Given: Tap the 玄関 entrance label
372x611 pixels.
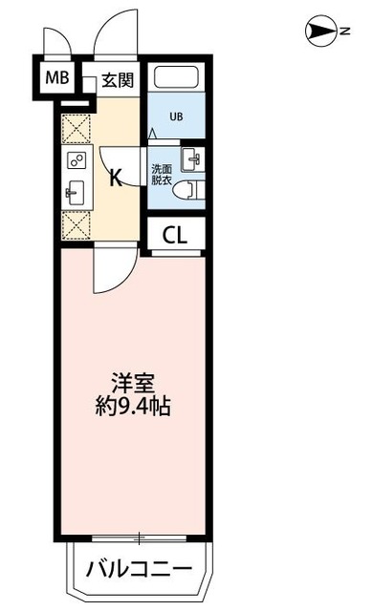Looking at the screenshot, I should [118, 80].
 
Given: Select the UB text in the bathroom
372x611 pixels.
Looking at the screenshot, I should [176, 117].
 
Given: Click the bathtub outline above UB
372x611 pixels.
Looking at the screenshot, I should [178, 80].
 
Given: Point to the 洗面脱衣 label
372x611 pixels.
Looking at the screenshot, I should [162, 175].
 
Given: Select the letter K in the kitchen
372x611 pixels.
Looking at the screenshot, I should [114, 178].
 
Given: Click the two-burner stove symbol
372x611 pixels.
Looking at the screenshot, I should [76, 160].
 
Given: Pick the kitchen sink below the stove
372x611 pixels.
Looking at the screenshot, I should [76, 193].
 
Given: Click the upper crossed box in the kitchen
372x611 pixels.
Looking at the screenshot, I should [76, 128].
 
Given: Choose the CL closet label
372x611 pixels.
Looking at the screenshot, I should [174, 233].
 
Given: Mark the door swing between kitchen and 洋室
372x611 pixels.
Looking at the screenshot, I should [107, 269].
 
